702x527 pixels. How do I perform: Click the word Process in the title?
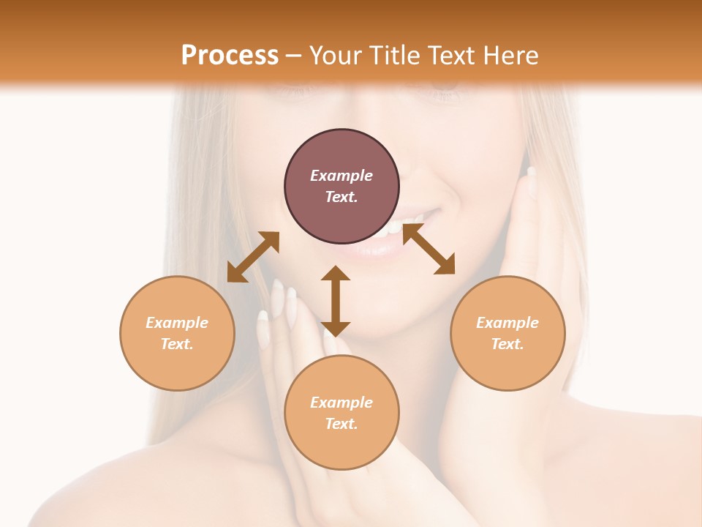tap(230, 56)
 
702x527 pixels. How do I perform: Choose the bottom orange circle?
tap(341, 446)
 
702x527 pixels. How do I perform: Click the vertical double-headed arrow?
tap(336, 301)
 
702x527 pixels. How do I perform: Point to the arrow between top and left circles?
tap(253, 257)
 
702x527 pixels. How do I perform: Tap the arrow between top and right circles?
tap(429, 249)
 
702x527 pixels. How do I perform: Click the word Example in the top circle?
tap(341, 176)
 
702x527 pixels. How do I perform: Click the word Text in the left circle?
tap(177, 344)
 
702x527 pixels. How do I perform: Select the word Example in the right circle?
tap(507, 323)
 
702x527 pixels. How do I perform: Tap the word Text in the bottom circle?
tap(341, 424)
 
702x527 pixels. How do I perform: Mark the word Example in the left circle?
tap(177, 323)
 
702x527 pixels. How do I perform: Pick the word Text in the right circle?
tap(507, 344)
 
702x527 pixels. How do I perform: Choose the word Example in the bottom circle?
tap(341, 403)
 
